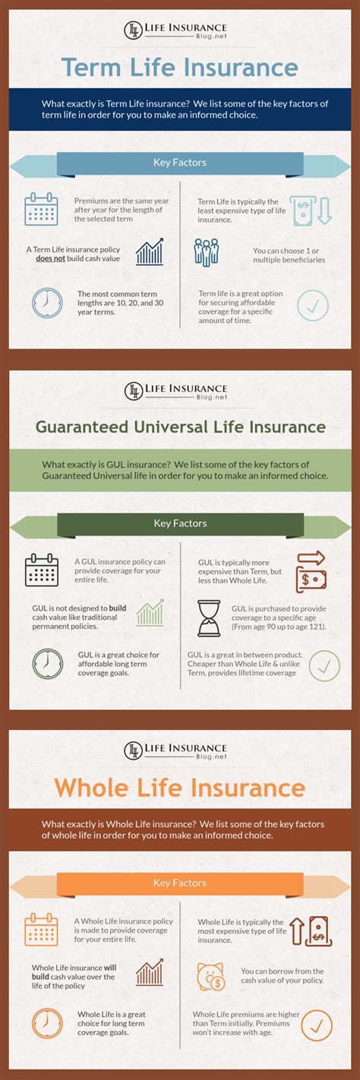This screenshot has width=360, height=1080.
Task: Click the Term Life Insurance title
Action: pos(180,67)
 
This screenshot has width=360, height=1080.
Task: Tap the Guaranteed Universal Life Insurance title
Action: pos(180,427)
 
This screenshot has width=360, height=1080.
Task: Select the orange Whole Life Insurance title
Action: pos(180,788)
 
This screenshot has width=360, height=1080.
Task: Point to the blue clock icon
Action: pos(46,302)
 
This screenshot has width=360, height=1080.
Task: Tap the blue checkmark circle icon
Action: pos(312,305)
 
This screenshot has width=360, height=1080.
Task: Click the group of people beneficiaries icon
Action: pos(206,252)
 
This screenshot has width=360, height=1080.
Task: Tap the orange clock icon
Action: pos(47,1024)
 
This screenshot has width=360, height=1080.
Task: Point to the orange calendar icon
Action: pos(41,930)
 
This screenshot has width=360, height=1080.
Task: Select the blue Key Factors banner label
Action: pos(180,162)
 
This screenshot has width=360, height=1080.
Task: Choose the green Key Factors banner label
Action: pos(180,523)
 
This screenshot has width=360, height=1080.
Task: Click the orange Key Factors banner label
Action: pos(180,883)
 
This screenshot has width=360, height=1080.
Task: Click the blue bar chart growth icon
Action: pos(150,253)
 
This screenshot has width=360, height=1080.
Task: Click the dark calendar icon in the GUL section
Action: pos(41,570)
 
